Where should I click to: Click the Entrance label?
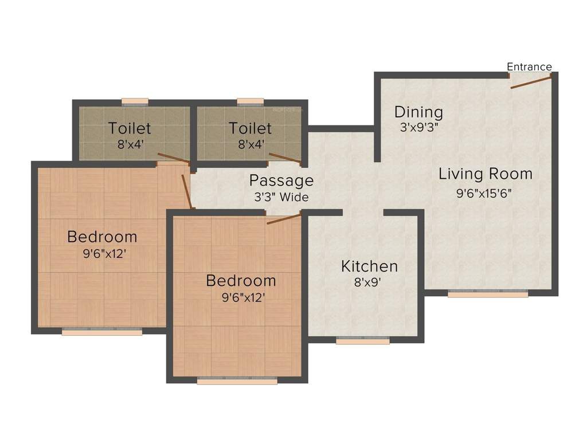pos(529,67)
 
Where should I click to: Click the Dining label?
pos(418,112)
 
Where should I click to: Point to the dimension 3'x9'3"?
pos(418,128)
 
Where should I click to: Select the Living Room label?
pos(486,174)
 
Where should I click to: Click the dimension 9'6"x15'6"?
pos(484,193)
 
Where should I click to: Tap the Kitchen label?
pos(369,266)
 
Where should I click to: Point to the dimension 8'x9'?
pos(368,282)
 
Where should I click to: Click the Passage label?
pos(281,181)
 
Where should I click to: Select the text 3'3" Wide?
pos(281,198)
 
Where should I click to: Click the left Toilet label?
pos(130,128)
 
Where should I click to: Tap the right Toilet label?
pos(250,128)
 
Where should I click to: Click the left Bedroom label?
pos(102,236)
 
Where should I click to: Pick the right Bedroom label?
pos(241,281)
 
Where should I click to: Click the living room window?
pos(488,294)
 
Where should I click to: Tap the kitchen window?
pos(363,341)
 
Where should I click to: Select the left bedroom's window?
pos(102,331)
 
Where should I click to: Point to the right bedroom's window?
pos(237,380)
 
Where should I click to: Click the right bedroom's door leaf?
pos(284,219)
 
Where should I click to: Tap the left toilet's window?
pos(135,102)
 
